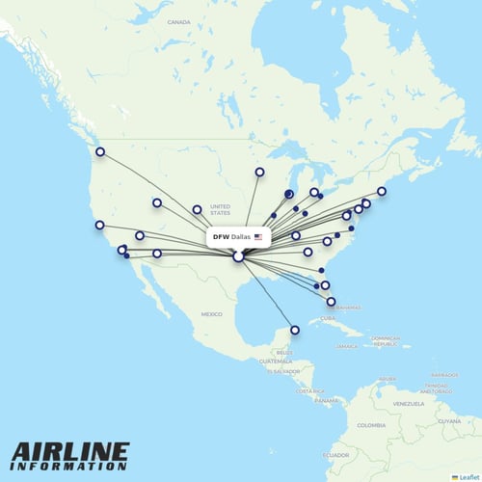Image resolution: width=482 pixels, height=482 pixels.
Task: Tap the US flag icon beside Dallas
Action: point(258,236)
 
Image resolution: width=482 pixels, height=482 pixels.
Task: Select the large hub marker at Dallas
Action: point(238,256)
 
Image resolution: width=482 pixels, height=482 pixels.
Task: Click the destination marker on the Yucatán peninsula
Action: point(295,330)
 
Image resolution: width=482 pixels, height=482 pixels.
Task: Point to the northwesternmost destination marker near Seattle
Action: point(99,151)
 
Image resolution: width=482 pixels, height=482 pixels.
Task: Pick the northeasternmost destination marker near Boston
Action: point(382,191)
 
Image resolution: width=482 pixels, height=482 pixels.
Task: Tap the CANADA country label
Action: point(178,21)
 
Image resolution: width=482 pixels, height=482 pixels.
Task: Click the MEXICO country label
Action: point(212,314)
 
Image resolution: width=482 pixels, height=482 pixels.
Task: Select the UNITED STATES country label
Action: point(221,210)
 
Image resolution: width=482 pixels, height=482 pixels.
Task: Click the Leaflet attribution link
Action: point(465,477)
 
